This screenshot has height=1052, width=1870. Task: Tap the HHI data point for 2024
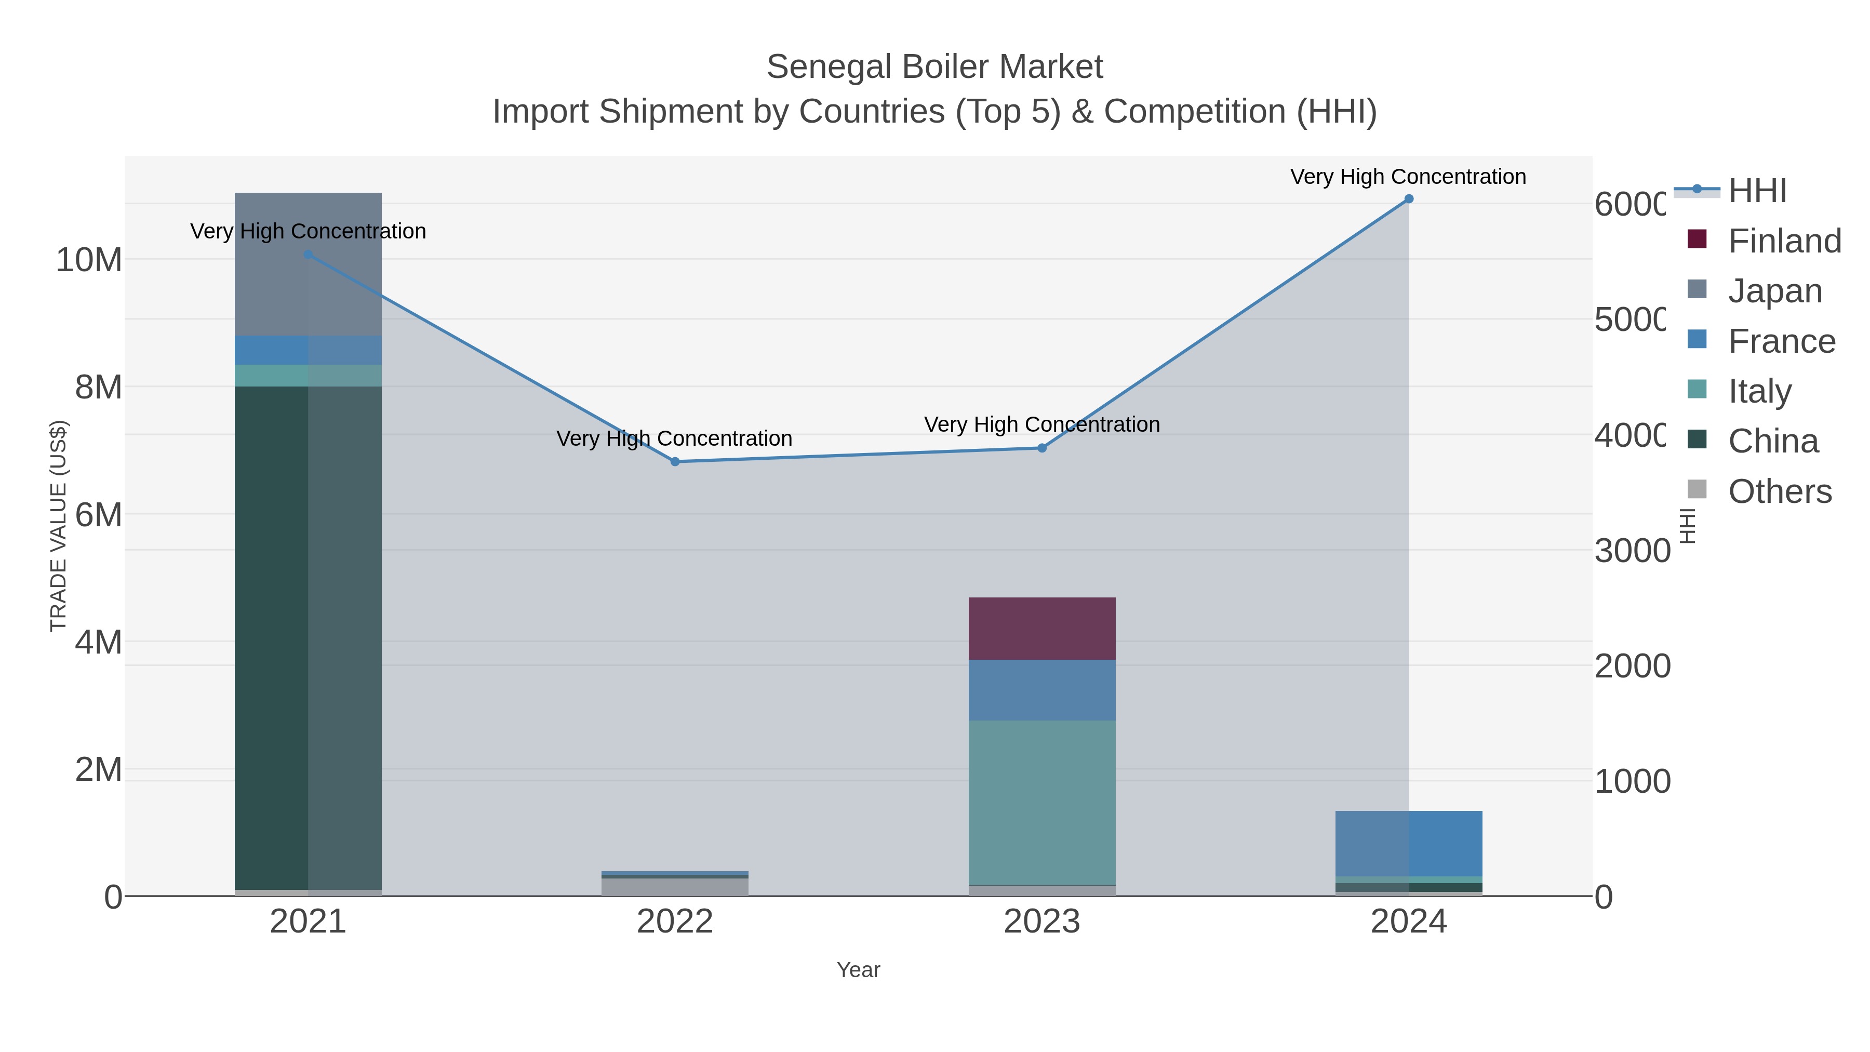1408,199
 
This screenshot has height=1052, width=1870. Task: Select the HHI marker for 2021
308,255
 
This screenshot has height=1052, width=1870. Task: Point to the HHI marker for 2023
1041,448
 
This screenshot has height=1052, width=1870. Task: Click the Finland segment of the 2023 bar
1041,628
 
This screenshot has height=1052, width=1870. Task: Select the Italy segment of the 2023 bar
1041,802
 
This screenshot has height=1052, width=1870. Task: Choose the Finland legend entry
1784,241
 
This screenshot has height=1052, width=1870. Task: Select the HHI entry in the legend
1757,191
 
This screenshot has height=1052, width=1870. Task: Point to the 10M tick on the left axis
88,260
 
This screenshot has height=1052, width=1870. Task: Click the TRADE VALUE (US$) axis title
58,526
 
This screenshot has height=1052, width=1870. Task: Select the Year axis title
858,970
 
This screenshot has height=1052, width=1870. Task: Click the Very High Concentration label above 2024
1408,177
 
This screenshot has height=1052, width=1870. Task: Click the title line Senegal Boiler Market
934,67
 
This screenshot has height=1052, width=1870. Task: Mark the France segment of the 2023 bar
1041,690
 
